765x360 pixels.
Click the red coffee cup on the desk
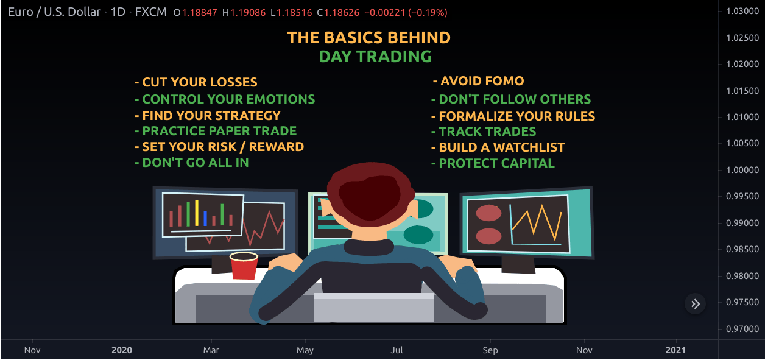[244, 266]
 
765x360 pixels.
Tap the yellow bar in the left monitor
[197, 213]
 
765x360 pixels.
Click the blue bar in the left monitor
[206, 218]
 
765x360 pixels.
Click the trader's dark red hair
[366, 191]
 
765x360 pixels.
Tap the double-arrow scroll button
[695, 304]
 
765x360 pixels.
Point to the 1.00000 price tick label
[741, 170]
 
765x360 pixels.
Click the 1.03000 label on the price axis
[741, 12]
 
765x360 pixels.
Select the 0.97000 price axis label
[741, 329]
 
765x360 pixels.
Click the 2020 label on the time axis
[122, 350]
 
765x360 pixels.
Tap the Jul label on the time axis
[397, 350]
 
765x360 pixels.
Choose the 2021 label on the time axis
[675, 350]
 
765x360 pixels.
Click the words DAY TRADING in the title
[375, 57]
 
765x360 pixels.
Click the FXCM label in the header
[150, 12]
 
